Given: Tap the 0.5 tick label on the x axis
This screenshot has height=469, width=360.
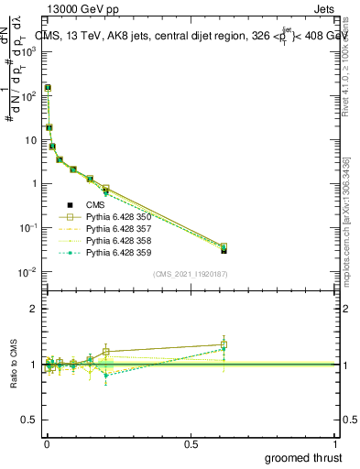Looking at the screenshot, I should pos(191,442).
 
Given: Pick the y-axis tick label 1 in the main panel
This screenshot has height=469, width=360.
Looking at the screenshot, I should pos(36,183).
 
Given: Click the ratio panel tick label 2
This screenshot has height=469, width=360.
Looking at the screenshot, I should pos(36,309).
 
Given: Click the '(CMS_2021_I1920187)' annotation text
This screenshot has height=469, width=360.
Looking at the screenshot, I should pos(190,273).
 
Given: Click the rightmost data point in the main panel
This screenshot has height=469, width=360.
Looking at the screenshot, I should pos(224,249).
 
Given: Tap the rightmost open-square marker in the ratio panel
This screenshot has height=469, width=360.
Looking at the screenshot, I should pos(224,344).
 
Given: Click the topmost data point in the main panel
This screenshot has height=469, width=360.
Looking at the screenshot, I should pos(47,88).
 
